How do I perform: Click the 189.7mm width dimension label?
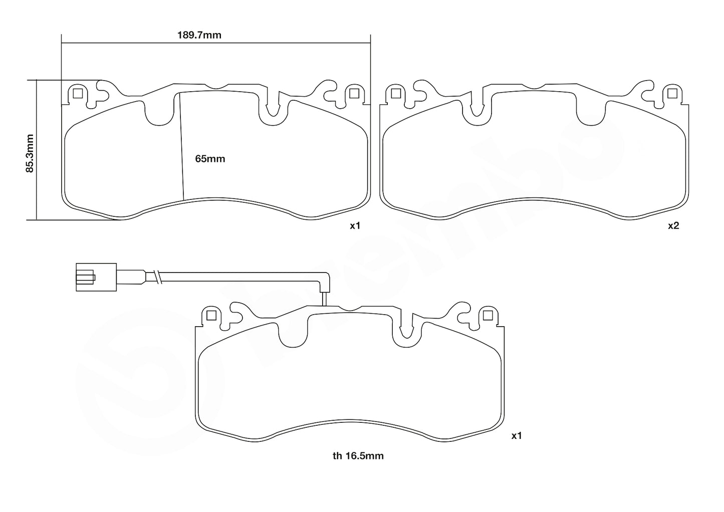click(x=199, y=35)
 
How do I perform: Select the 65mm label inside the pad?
click(x=210, y=159)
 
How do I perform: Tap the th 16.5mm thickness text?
click(x=358, y=456)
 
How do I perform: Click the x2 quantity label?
click(x=673, y=226)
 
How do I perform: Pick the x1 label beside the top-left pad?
click(x=355, y=226)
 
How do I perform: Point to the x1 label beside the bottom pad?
click(x=517, y=436)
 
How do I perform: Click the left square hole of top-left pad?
click(x=77, y=93)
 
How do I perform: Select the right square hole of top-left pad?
click(x=354, y=93)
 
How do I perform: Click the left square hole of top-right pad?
click(x=395, y=93)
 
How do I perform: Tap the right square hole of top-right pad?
click(x=672, y=93)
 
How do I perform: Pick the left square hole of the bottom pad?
click(x=211, y=315)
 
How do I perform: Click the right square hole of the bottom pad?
click(x=487, y=315)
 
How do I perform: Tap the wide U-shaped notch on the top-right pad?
click(x=591, y=113)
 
